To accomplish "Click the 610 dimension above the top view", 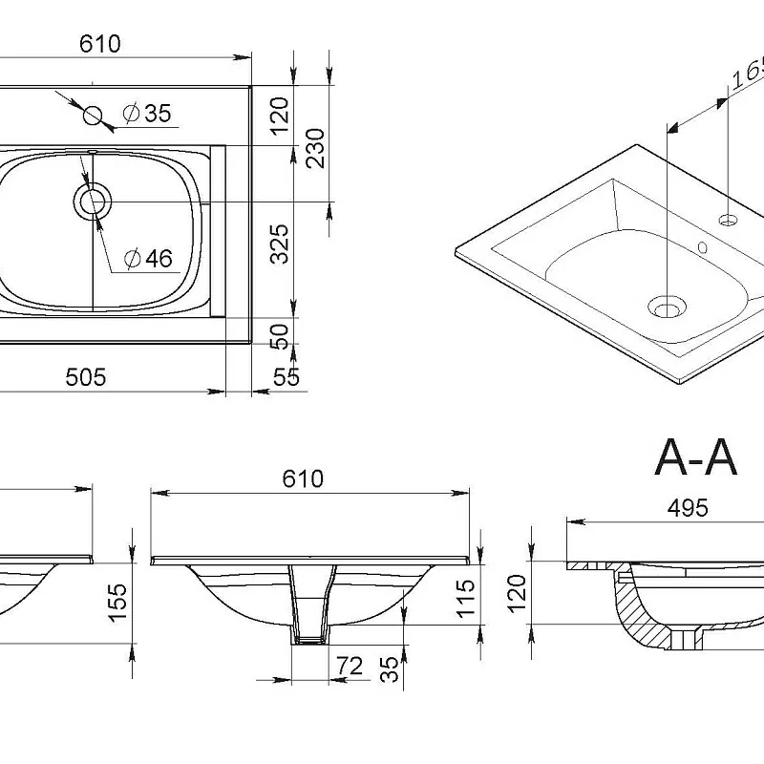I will click(x=100, y=45).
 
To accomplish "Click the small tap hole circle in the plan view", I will click(x=93, y=116).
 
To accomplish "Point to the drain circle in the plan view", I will click(x=93, y=202).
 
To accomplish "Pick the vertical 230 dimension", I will click(x=315, y=147).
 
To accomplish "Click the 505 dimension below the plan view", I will click(x=85, y=376).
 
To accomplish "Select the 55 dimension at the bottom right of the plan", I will click(x=286, y=377).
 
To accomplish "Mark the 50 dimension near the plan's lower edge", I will click(x=280, y=335).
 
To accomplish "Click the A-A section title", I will click(x=696, y=458).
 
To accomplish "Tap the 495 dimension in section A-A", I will click(x=687, y=508).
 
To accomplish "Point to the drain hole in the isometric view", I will click(x=667, y=308).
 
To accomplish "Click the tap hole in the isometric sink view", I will click(x=729, y=221).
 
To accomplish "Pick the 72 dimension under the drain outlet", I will click(x=350, y=666).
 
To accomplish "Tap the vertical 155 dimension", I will click(x=117, y=602).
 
